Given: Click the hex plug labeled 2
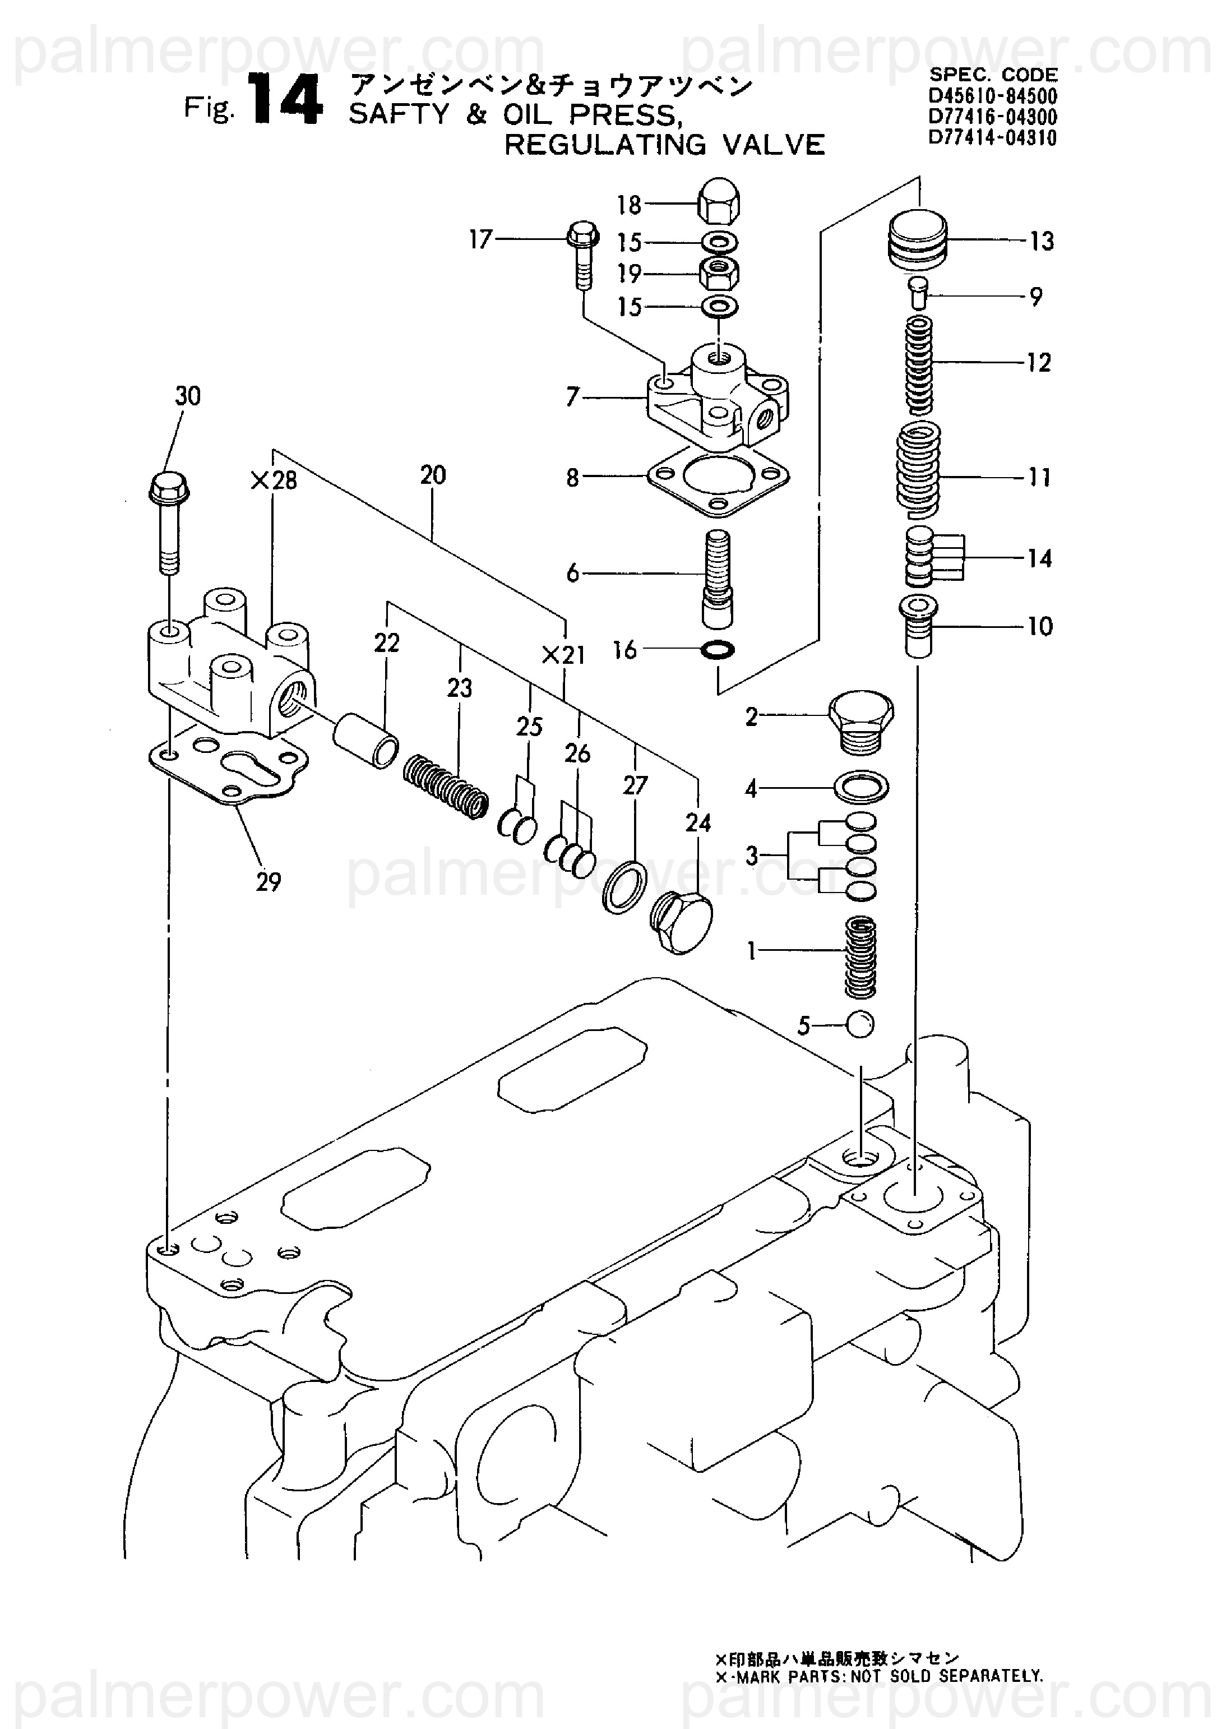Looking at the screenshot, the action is point(860,721).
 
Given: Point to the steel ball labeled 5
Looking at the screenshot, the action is point(860,1025).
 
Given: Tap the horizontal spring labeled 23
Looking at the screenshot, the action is point(445,788).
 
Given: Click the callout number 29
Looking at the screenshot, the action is point(268,881).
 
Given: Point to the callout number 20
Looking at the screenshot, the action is point(433,475).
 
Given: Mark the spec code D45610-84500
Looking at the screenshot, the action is point(993,96).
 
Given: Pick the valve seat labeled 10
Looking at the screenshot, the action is point(918,626).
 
